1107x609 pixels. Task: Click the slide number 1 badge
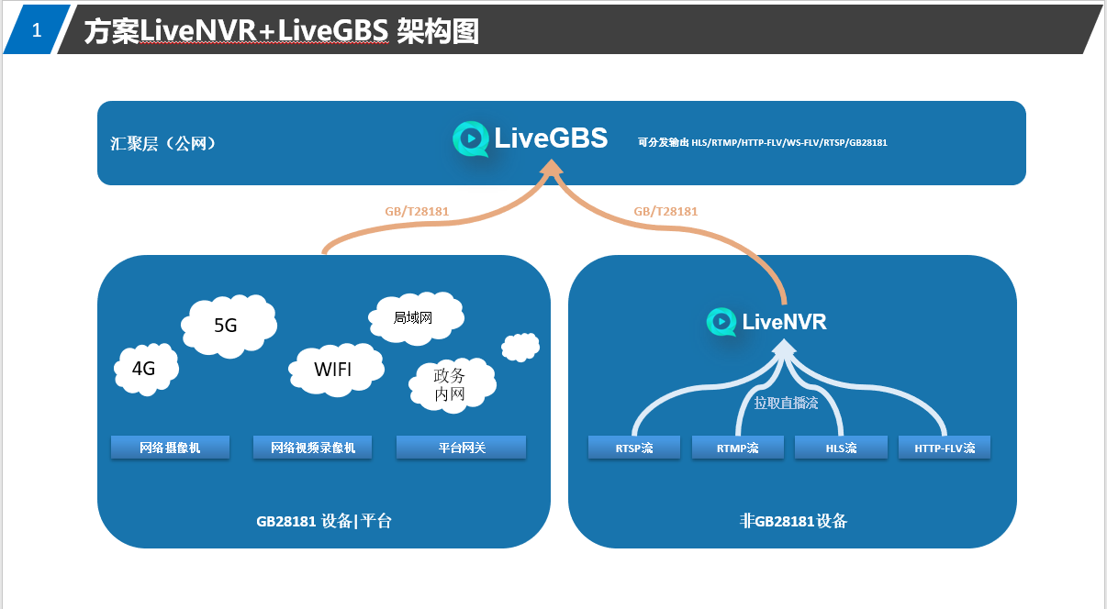tap(37, 30)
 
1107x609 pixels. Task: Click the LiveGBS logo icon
tap(470, 138)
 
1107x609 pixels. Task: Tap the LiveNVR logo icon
tap(721, 322)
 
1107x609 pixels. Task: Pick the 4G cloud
tap(145, 370)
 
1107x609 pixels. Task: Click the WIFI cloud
tap(333, 370)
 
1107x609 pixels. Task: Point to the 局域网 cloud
tap(414, 318)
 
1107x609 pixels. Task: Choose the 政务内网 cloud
tap(451, 385)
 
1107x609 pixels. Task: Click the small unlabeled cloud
tap(520, 347)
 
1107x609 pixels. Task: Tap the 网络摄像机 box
tap(170, 448)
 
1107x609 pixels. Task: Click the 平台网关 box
tap(461, 448)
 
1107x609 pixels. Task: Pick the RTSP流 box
tap(633, 448)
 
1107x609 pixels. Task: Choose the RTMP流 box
tap(737, 448)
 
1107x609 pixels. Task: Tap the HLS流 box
tap(840, 448)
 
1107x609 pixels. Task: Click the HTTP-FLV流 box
tap(945, 448)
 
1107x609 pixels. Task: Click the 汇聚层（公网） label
tap(163, 143)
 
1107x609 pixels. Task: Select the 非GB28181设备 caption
tap(793, 521)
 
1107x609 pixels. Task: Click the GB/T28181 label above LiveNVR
tap(665, 212)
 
